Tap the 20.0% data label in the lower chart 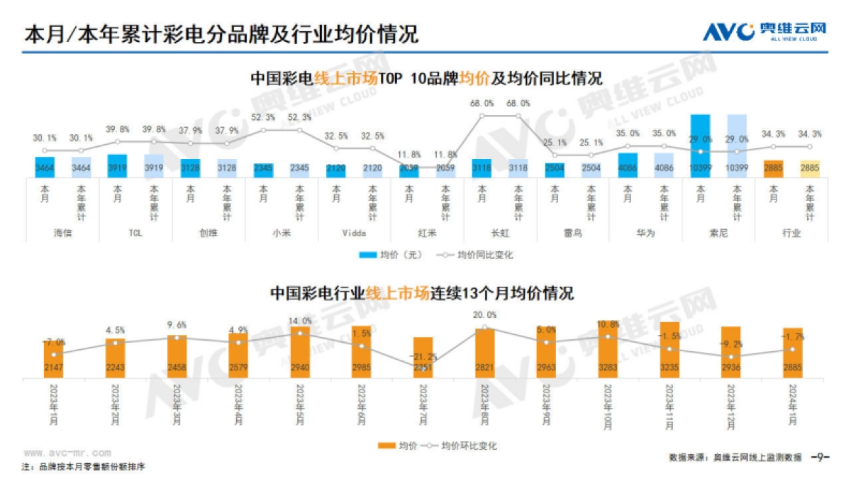(484, 315)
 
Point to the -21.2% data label (423, 356)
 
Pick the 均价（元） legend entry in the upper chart (387, 254)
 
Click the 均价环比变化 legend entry (460, 446)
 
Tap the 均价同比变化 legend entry (477, 254)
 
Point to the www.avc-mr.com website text (67, 452)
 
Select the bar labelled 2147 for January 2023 (53, 359)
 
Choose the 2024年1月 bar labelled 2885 (792, 353)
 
